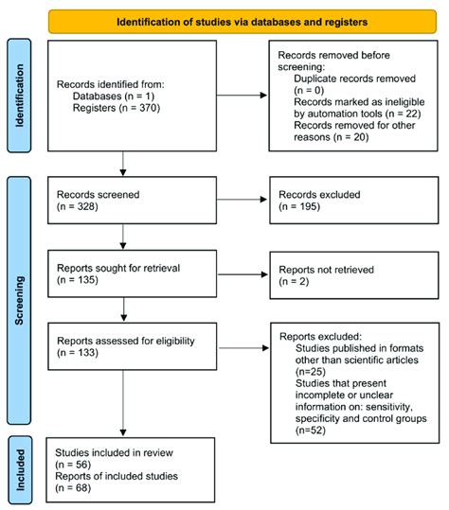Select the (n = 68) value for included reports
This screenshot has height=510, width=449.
click(x=78, y=490)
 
